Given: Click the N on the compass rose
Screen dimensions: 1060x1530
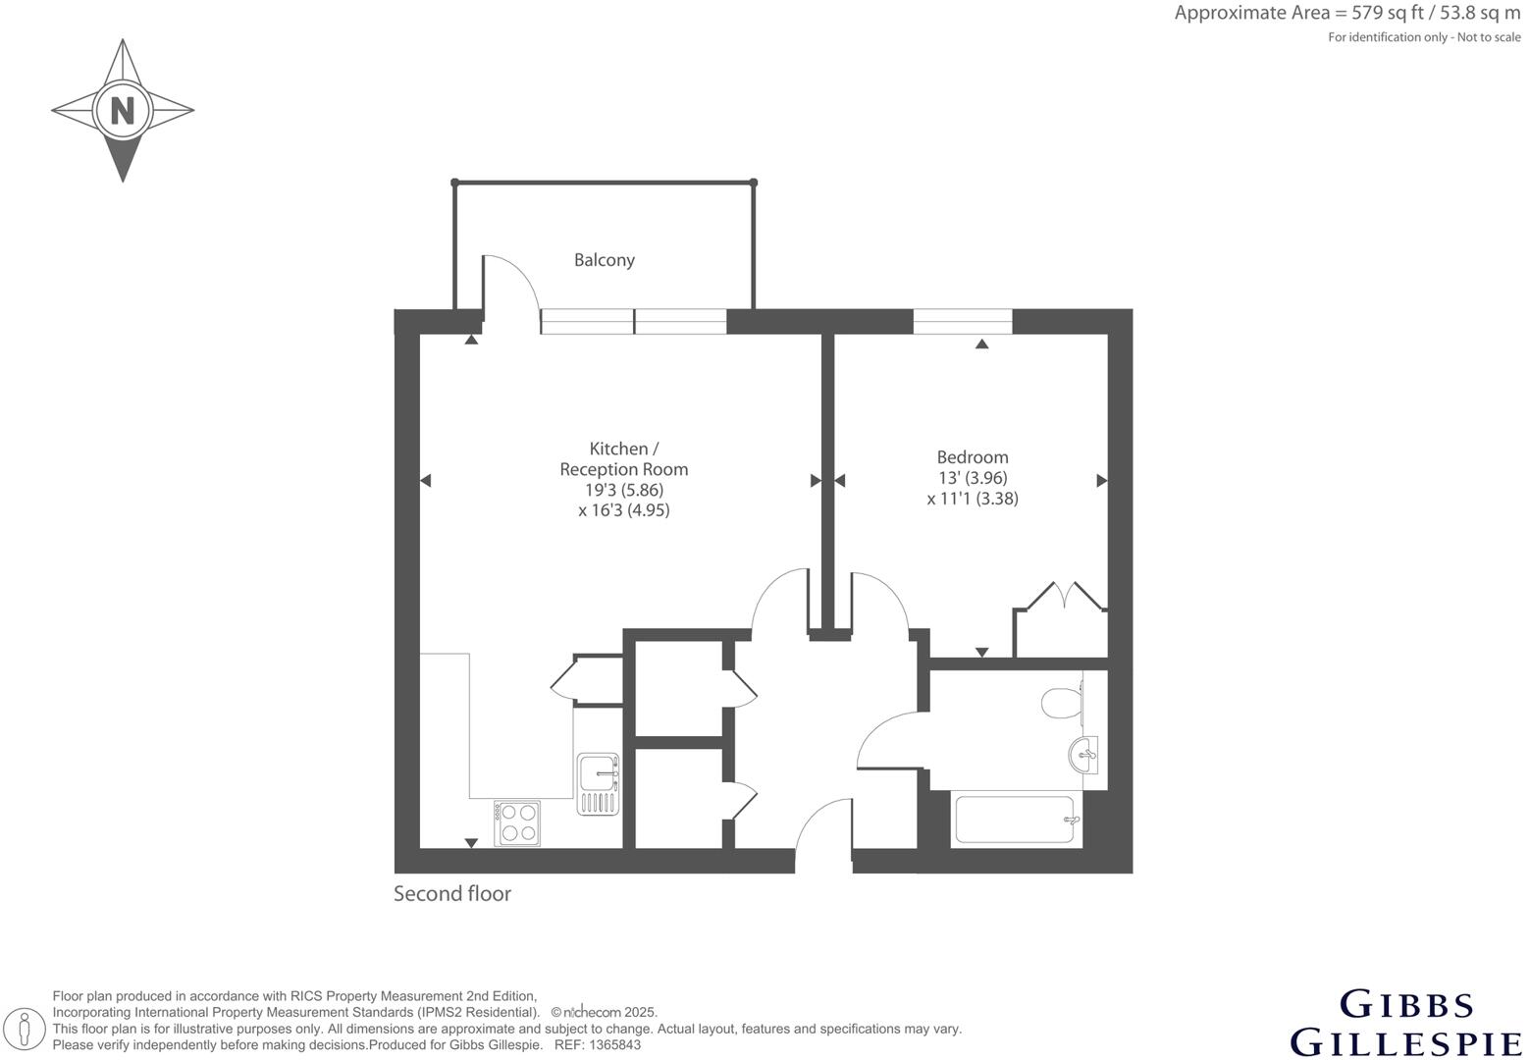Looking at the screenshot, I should coord(122,110).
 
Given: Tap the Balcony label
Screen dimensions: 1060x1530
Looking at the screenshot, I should coord(604,260).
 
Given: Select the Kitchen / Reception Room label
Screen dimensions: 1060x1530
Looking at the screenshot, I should coord(623,458).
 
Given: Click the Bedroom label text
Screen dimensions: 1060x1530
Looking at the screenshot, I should coord(972,456).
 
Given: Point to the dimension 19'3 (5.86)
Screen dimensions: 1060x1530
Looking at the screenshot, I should coord(623,490).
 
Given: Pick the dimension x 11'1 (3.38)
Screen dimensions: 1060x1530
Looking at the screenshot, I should coord(972,499).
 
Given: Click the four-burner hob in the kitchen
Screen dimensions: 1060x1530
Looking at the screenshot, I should coord(517,822).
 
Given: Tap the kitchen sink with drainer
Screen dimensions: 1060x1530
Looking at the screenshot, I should coord(598,783).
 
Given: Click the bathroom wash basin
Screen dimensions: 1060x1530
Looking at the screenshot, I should coord(1082,755).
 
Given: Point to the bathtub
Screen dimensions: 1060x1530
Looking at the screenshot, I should coord(1017,820).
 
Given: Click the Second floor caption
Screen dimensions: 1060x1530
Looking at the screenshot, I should coord(452,893).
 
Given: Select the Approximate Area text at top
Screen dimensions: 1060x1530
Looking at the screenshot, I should coord(1346,14).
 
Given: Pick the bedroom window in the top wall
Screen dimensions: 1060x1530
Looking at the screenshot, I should coord(962,321).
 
